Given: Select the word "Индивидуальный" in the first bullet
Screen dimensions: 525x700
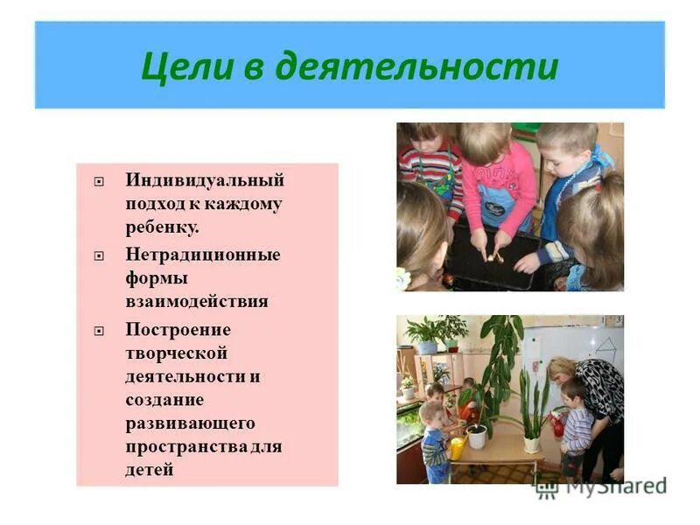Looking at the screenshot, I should click(205, 180).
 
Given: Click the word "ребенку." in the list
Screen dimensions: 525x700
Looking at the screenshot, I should click(162, 227).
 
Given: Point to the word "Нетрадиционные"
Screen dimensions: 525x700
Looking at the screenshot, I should click(203, 255).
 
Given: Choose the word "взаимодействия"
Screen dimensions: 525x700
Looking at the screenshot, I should click(197, 302).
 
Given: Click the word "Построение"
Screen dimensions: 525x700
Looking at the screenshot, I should click(178, 330).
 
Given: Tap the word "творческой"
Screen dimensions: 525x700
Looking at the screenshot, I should click(177, 353).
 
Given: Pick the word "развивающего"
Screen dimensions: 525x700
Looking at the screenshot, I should click(190, 423).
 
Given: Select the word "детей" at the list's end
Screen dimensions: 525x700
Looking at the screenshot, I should click(150, 470).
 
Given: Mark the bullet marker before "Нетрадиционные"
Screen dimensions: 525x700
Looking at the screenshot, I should click(100, 256).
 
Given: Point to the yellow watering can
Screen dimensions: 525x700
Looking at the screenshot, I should click(457, 447).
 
